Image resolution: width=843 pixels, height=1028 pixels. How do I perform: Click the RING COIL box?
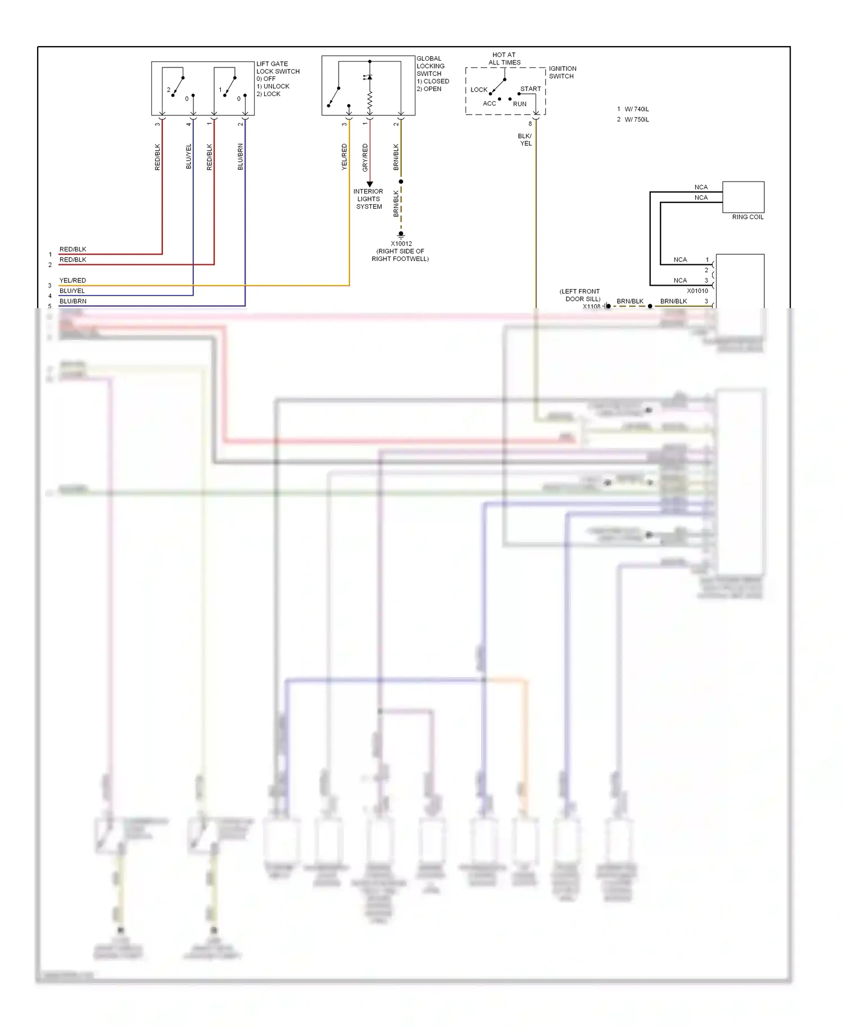click(x=743, y=197)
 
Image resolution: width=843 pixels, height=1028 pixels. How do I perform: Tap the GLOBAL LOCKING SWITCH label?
click(x=430, y=66)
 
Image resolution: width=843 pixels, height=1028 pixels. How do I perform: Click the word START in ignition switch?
click(x=531, y=89)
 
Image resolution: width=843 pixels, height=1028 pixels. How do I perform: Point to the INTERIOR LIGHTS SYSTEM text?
click(x=369, y=199)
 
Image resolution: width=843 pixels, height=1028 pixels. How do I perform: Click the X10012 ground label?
click(x=401, y=244)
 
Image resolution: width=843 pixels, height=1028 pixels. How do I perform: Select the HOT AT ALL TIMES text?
click(x=504, y=58)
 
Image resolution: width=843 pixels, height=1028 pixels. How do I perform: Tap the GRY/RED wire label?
click(x=365, y=157)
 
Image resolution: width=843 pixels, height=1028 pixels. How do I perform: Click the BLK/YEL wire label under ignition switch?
click(x=525, y=139)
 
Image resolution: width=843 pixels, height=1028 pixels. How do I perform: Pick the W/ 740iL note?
click(x=636, y=109)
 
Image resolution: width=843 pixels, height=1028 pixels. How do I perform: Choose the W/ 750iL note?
click(x=636, y=119)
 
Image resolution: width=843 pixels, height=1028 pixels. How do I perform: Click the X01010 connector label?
click(x=697, y=291)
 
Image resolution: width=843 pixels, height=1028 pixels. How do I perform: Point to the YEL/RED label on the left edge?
click(x=72, y=280)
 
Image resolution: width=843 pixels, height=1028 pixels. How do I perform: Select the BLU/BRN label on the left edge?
click(x=72, y=301)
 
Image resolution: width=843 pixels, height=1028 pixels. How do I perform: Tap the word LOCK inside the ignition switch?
click(x=479, y=89)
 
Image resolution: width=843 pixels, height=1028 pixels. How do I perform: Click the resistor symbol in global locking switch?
click(x=370, y=101)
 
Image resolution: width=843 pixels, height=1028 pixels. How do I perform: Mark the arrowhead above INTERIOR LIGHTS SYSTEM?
click(x=370, y=184)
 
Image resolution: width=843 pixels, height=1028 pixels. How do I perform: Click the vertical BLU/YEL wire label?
click(x=189, y=156)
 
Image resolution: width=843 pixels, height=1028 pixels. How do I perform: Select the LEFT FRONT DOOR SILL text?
click(x=581, y=295)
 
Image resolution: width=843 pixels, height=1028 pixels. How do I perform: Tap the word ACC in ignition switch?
click(x=490, y=103)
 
